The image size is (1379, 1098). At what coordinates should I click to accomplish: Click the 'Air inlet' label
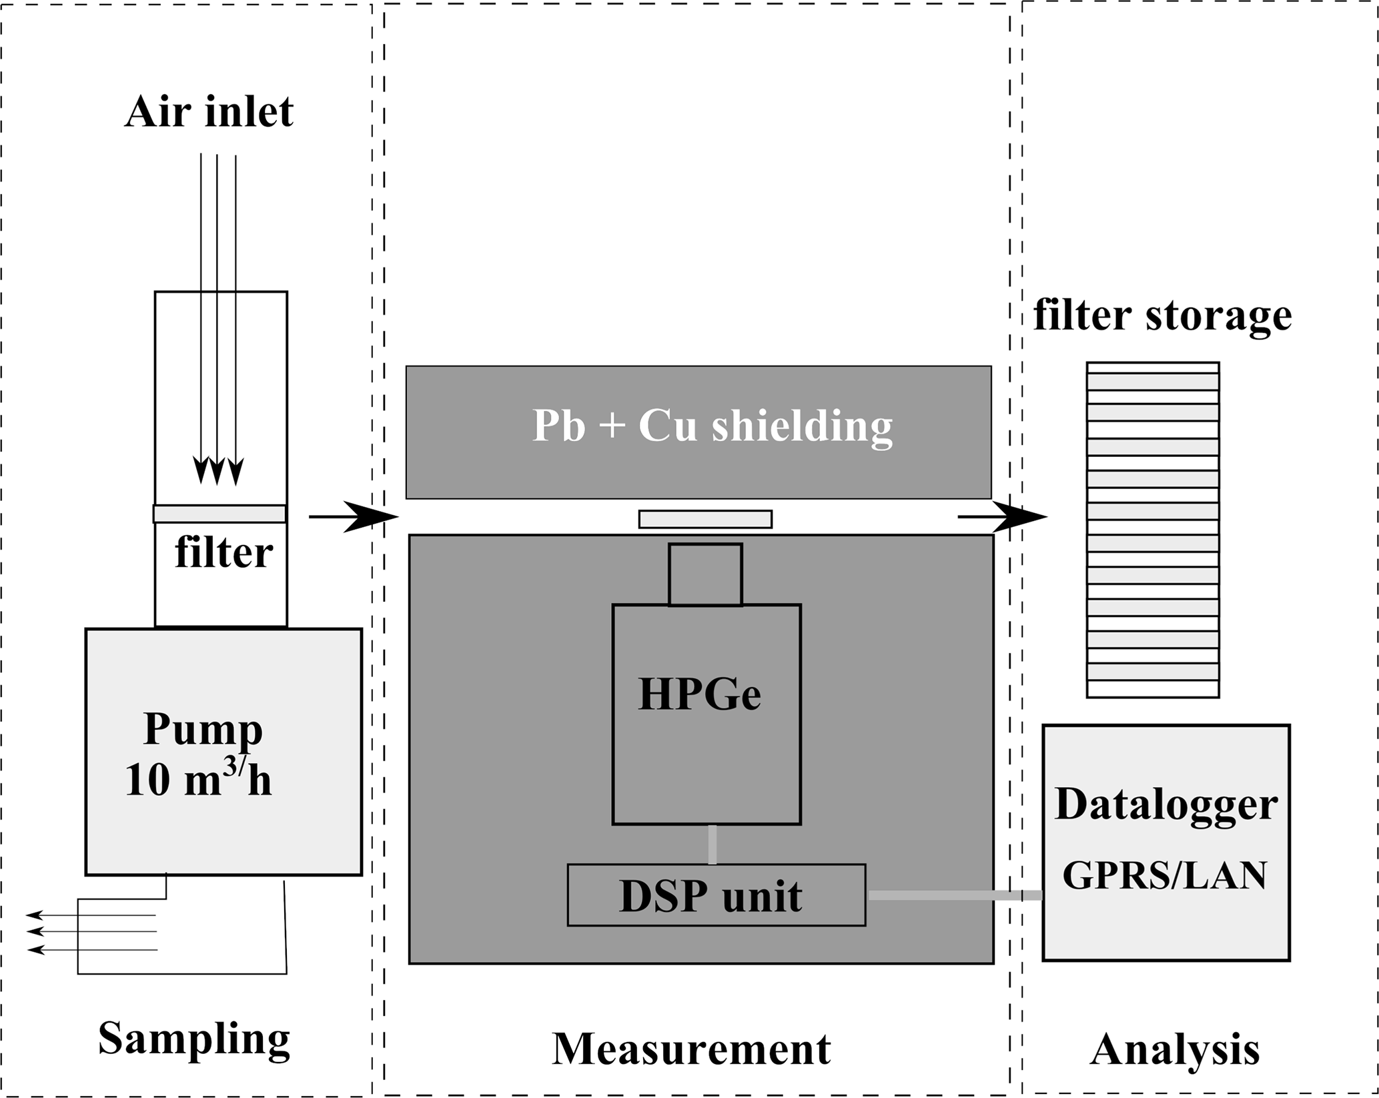coord(209,111)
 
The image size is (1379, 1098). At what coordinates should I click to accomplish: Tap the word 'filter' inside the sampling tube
coord(223,553)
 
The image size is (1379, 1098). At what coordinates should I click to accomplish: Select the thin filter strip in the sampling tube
coord(220,514)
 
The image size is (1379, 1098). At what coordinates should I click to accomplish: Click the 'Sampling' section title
coord(194,1039)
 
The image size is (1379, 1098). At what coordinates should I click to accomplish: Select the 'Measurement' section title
coord(691,1049)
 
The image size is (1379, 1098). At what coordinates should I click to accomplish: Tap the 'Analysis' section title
coord(1174,1050)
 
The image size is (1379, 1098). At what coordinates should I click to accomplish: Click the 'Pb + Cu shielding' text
coord(712,426)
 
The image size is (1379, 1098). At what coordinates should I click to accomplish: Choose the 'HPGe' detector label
coord(699,694)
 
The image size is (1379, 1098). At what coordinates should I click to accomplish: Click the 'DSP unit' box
coord(716,895)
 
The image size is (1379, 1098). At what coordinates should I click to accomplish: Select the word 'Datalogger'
coord(1166,804)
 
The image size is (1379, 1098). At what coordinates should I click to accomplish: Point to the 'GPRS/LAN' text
coord(1164,875)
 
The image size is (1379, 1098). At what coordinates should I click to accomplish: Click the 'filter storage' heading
coord(1162,316)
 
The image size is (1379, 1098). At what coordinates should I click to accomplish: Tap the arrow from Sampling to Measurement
coord(354,516)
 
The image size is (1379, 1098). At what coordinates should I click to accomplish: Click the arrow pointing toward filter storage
coord(1003,516)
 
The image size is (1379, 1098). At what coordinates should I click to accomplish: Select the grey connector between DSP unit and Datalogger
coord(954,895)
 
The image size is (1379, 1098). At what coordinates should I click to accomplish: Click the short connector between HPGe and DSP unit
coord(713,845)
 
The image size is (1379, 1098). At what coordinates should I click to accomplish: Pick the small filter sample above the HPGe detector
coord(705,519)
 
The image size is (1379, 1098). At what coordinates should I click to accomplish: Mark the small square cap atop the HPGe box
coord(705,574)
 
